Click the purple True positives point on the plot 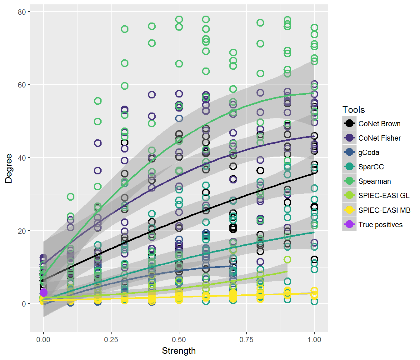pyautogui.click(x=43, y=292)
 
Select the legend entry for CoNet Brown pyautogui.click(x=379, y=124)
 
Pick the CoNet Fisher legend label pyautogui.click(x=379, y=138)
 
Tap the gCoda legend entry pyautogui.click(x=369, y=152)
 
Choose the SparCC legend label pyautogui.click(x=371, y=167)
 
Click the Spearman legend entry pyautogui.click(x=374, y=181)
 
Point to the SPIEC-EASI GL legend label pyautogui.click(x=384, y=196)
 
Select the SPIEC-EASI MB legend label pyautogui.click(x=384, y=210)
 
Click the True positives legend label pyautogui.click(x=380, y=225)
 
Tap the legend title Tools pyautogui.click(x=353, y=110)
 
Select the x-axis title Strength pyautogui.click(x=179, y=351)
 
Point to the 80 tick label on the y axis pyautogui.click(x=22, y=12)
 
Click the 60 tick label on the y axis pyautogui.click(x=22, y=85)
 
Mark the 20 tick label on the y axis pyautogui.click(x=22, y=231)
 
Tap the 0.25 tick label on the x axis pyautogui.click(x=111, y=340)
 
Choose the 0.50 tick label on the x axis pyautogui.click(x=179, y=340)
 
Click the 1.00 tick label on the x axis pyautogui.click(x=314, y=340)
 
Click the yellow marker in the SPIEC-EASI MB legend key pyautogui.click(x=349, y=210)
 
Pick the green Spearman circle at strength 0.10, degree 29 pyautogui.click(x=71, y=197)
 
